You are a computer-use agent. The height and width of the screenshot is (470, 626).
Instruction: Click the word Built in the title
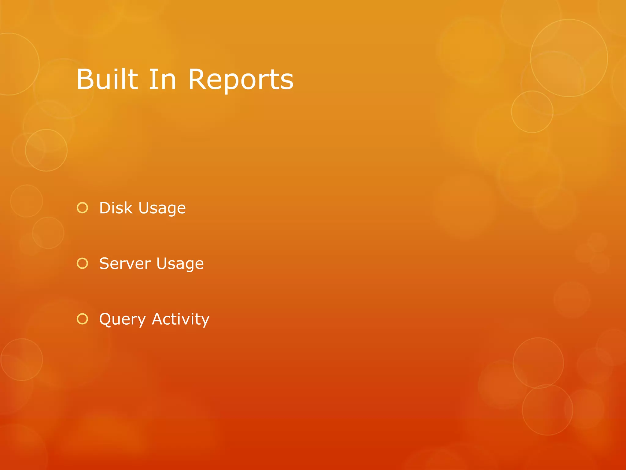tap(107, 79)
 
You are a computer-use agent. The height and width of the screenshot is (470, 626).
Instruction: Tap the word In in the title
tap(162, 79)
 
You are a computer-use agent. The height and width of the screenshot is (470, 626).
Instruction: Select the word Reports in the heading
tap(241, 80)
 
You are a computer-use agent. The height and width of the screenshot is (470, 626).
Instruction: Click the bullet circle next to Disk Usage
tap(82, 208)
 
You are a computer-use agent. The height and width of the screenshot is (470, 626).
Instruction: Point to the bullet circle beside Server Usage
tap(82, 263)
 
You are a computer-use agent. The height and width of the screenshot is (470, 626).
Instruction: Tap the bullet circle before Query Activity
tap(82, 319)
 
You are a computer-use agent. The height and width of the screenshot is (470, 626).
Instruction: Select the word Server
tap(125, 263)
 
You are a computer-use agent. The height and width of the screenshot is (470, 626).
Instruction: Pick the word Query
tap(123, 319)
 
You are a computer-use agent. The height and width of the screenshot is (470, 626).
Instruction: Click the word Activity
tap(181, 319)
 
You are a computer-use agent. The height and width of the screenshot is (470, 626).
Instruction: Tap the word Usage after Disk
tap(162, 209)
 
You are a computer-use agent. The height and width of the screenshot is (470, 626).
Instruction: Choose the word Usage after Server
tap(180, 264)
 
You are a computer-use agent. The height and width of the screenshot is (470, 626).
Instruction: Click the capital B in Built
tap(85, 79)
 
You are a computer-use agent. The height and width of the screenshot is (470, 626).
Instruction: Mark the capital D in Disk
tap(106, 208)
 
